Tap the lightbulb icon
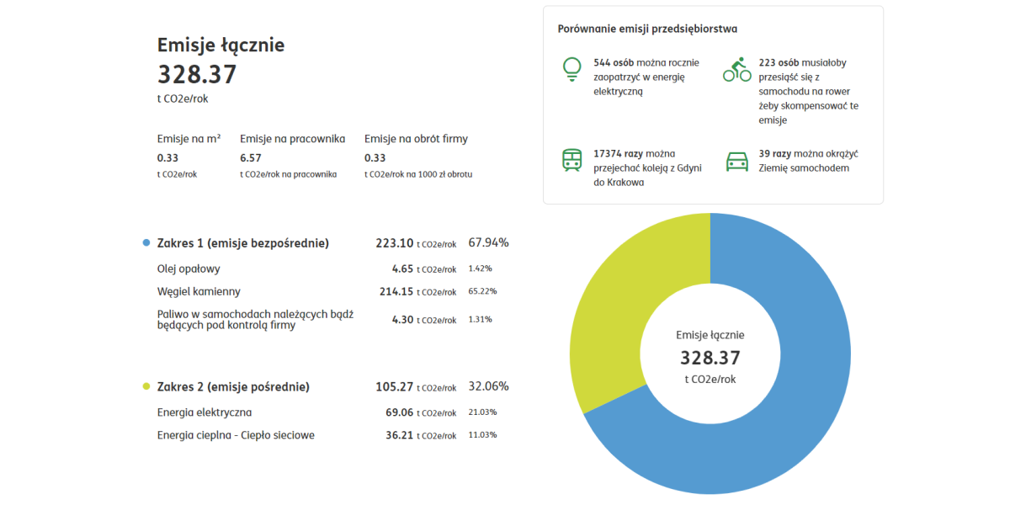click(572, 69)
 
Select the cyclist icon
click(737, 70)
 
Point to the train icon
click(572, 160)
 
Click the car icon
click(737, 160)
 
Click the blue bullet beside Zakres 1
click(146, 243)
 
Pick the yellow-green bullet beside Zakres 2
click(146, 387)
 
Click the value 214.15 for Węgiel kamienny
click(396, 291)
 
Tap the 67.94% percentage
click(488, 242)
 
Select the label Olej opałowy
click(189, 268)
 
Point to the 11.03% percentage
click(482, 435)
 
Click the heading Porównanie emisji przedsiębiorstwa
click(647, 29)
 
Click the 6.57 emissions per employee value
click(251, 157)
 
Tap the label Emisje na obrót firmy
click(416, 139)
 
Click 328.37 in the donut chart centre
click(710, 358)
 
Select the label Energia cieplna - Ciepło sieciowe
click(236, 435)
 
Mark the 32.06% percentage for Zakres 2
click(488, 386)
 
